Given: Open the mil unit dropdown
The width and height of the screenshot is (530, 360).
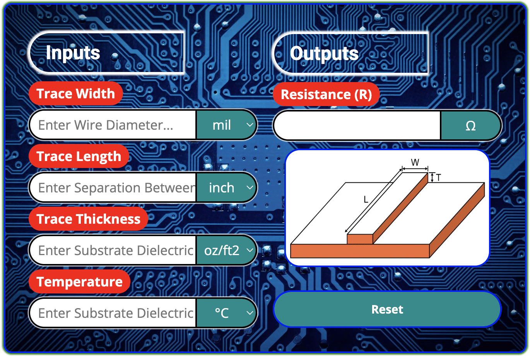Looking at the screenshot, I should point(227,125).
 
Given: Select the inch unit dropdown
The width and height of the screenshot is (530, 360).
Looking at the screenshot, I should point(227,188).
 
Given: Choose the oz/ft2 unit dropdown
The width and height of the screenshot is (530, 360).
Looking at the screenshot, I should point(227,250).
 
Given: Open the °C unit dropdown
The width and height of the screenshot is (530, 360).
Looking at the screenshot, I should point(227,313).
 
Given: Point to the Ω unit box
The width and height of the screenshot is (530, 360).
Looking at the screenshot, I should point(470,125).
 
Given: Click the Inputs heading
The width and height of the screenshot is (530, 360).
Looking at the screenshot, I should point(73,53).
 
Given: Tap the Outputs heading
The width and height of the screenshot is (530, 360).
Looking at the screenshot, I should point(324,53).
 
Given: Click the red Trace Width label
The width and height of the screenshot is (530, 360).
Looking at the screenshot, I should point(76,94).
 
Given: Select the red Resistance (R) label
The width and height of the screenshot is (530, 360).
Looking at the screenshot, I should point(326,94).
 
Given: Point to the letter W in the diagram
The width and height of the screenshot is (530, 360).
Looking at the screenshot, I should point(415,163).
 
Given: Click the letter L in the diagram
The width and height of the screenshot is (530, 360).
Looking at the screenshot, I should point(366,200).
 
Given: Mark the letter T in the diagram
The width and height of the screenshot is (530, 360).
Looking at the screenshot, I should point(438,178).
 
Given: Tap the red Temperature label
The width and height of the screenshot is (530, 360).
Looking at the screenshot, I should point(80,282).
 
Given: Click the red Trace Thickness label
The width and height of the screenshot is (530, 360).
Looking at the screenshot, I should point(89,219).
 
